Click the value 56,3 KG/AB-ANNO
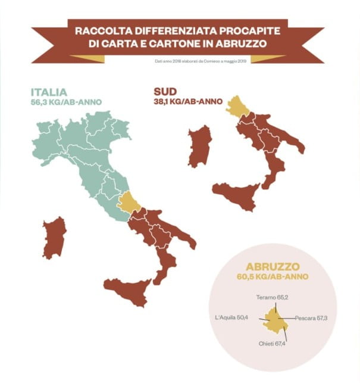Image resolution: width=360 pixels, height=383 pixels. tap(67, 102)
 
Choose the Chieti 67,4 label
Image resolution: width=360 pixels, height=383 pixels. tap(273, 343)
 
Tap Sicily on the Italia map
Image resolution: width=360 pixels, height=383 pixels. tap(127, 290)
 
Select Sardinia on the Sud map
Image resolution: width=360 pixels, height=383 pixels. tap(200, 146)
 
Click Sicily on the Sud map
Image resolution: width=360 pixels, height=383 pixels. tap(237, 197)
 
